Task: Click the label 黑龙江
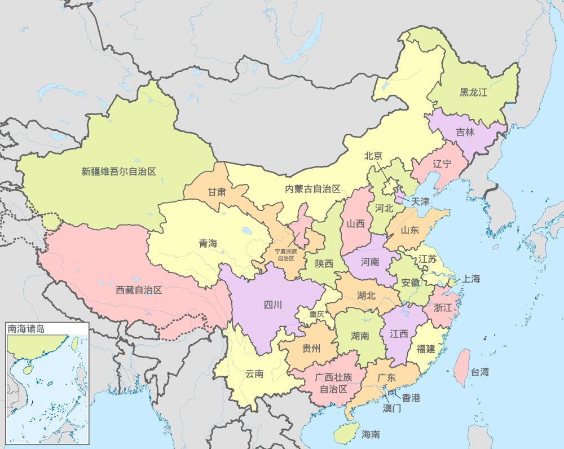pyautogui.click(x=473, y=93)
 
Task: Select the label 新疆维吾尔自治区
pyautogui.click(x=118, y=171)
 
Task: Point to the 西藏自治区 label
pyautogui.click(x=139, y=290)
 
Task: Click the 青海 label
pyautogui.click(x=208, y=244)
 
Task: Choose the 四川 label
pyautogui.click(x=272, y=305)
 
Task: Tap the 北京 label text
pyautogui.click(x=373, y=156)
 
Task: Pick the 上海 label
pyautogui.click(x=471, y=279)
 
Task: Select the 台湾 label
pyautogui.click(x=480, y=372)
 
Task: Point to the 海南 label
pyautogui.click(x=371, y=434)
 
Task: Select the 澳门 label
pyautogui.click(x=391, y=408)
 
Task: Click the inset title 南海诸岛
pyautogui.click(x=25, y=328)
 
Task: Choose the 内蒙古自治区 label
pyautogui.click(x=312, y=189)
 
